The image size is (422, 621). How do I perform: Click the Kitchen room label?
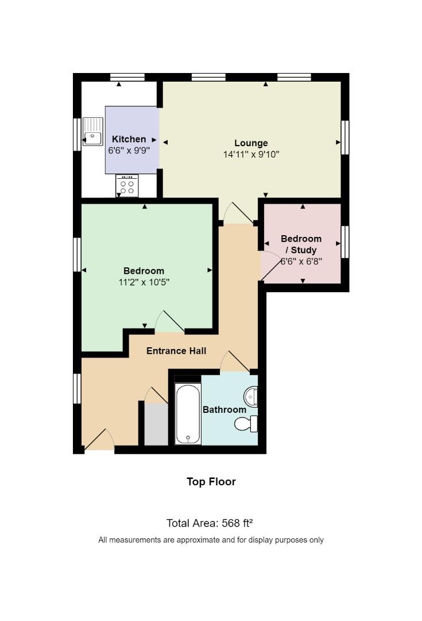[129, 139]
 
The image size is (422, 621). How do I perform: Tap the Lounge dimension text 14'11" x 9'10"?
[251, 155]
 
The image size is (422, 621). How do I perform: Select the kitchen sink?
[93, 132]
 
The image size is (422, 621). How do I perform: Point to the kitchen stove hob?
[127, 186]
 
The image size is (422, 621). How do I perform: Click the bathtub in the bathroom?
[188, 413]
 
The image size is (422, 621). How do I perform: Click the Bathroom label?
[224, 409]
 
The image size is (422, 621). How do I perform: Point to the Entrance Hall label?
[176, 351]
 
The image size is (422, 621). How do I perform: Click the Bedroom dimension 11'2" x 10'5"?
[144, 282]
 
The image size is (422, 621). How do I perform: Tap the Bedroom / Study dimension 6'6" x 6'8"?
[301, 262]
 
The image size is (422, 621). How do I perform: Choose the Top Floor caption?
[211, 482]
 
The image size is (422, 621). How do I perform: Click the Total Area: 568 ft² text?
[210, 523]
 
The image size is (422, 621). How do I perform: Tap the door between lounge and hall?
[238, 213]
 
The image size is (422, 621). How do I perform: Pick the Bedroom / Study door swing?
[270, 266]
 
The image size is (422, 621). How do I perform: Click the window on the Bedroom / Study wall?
[345, 241]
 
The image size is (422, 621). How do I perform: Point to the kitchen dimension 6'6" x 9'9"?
[129, 151]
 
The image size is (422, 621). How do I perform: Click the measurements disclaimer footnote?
[211, 540]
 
